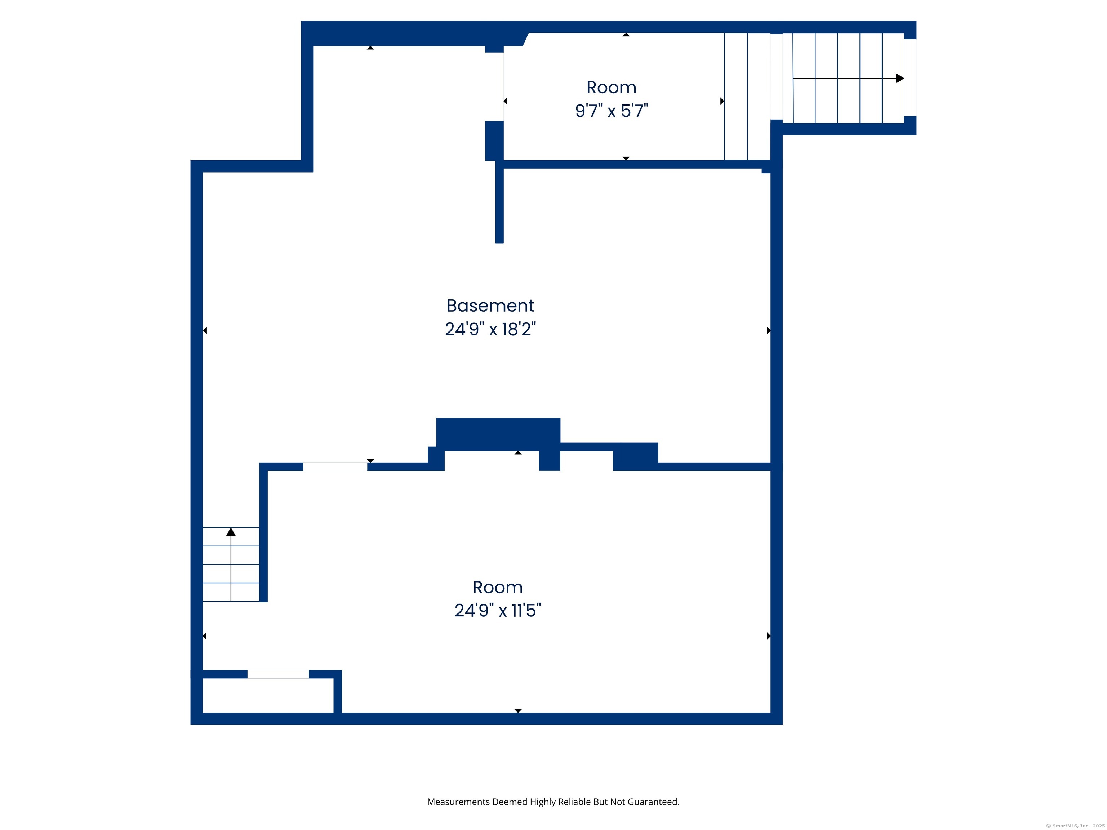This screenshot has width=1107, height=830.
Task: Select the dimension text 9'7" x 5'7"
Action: (611, 111)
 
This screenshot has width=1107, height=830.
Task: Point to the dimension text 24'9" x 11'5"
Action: (497, 610)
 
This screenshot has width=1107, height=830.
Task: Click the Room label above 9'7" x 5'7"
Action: (611, 88)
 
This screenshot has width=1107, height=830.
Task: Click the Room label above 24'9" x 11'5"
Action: (497, 587)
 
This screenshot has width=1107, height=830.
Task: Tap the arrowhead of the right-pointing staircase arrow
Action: (899, 79)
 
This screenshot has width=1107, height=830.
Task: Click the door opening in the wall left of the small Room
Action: (494, 86)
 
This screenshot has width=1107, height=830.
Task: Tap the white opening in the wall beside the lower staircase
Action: (335, 467)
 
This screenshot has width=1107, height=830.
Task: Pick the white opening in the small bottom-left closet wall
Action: (278, 674)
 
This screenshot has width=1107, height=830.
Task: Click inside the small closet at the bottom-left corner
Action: (268, 695)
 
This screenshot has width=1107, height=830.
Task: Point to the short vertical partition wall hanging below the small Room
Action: (499, 205)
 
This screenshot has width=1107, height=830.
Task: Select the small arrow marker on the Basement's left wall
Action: (205, 330)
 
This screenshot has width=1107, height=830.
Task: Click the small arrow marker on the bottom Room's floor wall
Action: (518, 710)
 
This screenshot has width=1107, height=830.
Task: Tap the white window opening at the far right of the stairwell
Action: (910, 77)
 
